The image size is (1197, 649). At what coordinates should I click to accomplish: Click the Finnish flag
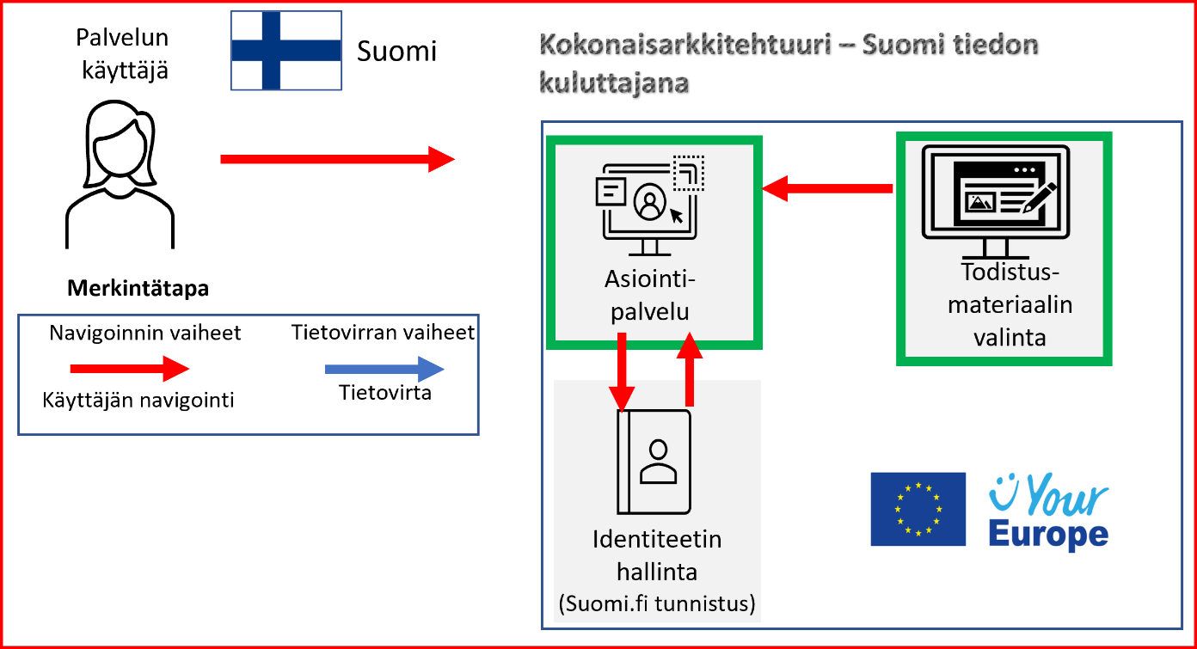click(x=286, y=50)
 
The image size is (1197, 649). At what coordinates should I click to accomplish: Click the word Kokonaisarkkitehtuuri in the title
click(x=684, y=45)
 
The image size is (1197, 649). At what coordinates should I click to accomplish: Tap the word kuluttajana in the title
click(x=614, y=83)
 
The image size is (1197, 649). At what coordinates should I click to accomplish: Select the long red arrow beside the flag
click(x=337, y=159)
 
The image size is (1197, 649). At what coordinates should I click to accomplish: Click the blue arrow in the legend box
click(x=384, y=370)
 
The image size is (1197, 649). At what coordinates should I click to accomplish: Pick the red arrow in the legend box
click(x=129, y=370)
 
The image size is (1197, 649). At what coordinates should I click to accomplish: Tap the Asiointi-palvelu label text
click(x=650, y=295)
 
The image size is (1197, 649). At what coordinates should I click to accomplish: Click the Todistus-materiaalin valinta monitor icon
click(x=995, y=200)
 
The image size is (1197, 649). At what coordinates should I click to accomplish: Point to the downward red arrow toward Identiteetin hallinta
click(x=621, y=370)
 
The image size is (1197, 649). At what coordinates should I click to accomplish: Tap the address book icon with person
click(x=654, y=461)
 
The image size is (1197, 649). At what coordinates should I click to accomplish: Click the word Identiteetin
click(x=657, y=540)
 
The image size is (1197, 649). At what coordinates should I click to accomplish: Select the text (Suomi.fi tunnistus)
click(x=657, y=604)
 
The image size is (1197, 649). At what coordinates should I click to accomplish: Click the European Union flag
click(x=918, y=509)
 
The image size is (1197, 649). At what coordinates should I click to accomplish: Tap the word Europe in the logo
click(x=1047, y=534)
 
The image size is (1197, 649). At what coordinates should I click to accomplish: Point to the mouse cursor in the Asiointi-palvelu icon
click(x=677, y=214)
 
